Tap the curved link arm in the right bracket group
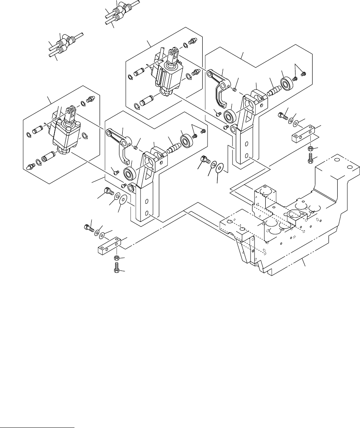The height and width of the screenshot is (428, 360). tap(220, 84)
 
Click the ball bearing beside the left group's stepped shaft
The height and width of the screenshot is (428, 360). tap(186, 140)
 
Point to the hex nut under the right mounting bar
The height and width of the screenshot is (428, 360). tap(311, 149)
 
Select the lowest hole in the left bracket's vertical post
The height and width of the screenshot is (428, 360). tap(147, 214)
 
